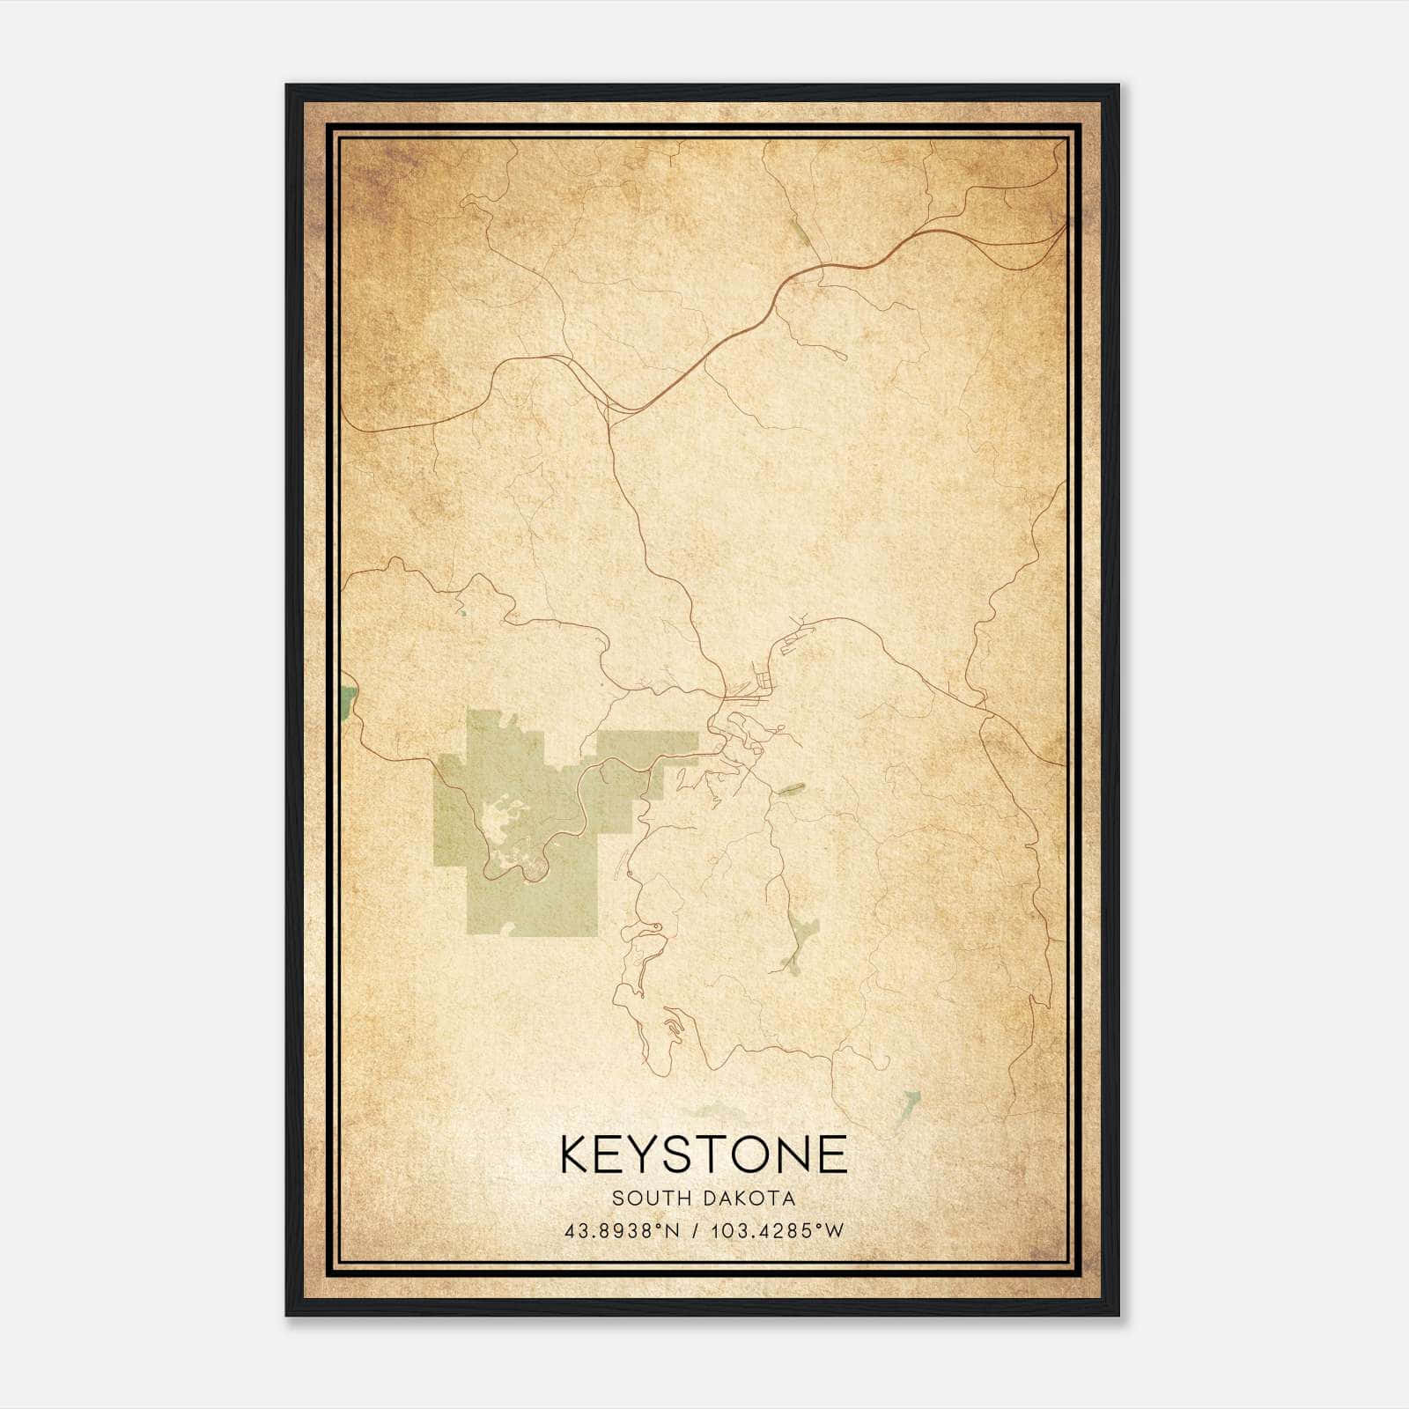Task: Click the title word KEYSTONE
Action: (704, 1154)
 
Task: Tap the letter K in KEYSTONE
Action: (576, 1154)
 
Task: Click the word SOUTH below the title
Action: (651, 1199)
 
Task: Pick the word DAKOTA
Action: (750, 1199)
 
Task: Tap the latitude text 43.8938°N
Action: (621, 1231)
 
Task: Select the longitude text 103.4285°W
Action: (776, 1231)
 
